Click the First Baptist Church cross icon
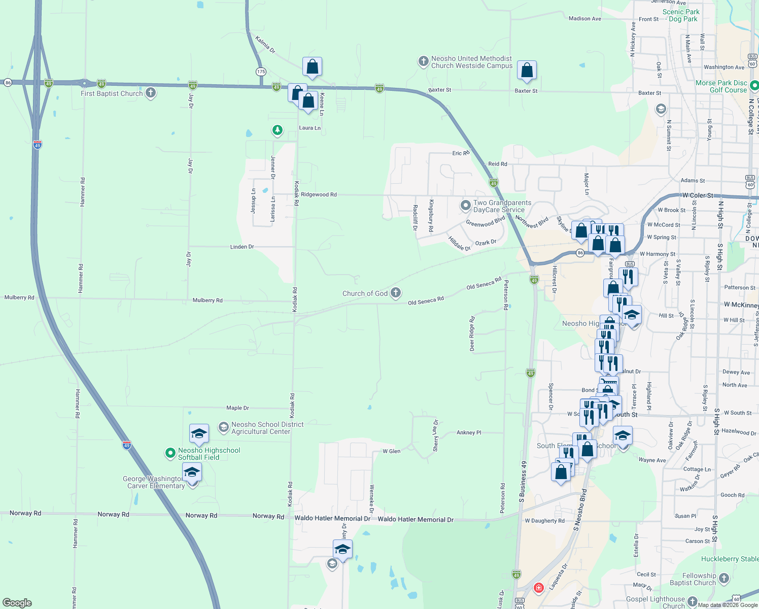(x=150, y=93)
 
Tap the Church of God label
(x=365, y=293)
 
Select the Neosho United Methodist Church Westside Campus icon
(x=423, y=62)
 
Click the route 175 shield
(x=261, y=72)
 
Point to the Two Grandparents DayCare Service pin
(x=465, y=206)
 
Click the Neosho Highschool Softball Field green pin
(x=170, y=453)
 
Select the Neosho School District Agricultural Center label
(x=267, y=428)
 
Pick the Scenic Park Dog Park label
(x=681, y=15)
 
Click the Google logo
(x=17, y=602)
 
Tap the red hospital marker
(x=539, y=588)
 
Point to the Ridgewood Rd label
(x=319, y=194)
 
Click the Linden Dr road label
(x=242, y=247)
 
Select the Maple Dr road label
(x=237, y=408)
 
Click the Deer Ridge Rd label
(x=472, y=334)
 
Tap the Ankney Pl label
(x=469, y=432)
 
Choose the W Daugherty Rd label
(x=544, y=521)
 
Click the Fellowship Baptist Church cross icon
(x=724, y=578)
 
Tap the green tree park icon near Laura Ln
(x=277, y=130)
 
